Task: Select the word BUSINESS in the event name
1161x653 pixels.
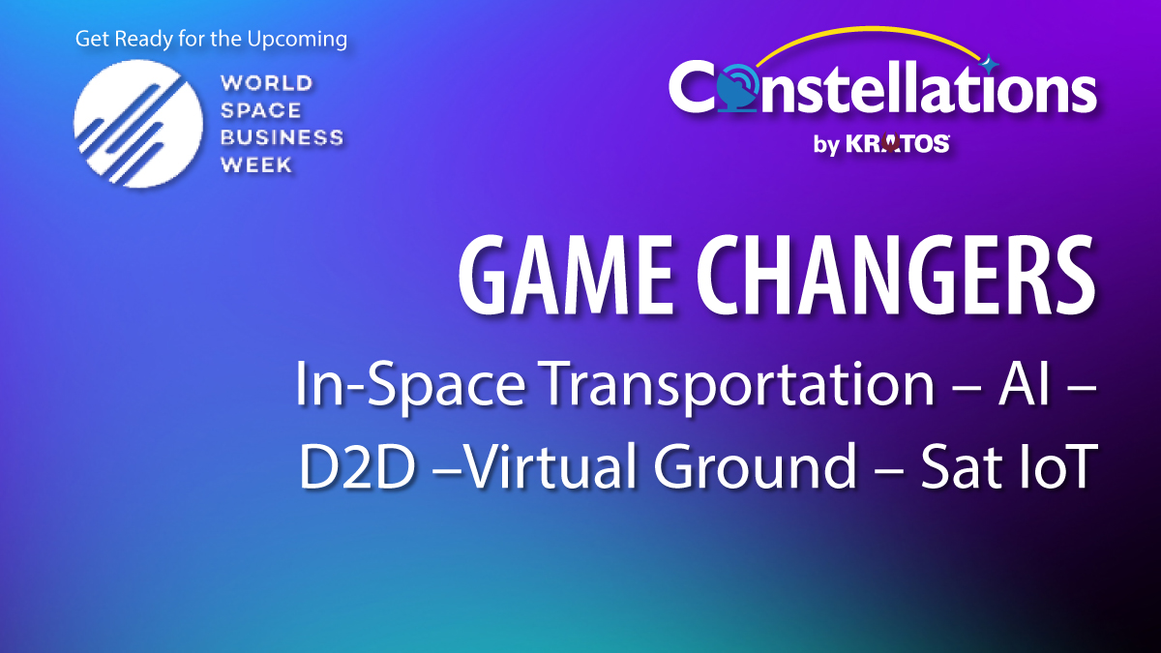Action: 282,136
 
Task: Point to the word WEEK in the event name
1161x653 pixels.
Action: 256,163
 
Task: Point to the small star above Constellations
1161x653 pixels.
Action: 988,65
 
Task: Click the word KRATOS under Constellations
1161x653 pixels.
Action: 898,144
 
